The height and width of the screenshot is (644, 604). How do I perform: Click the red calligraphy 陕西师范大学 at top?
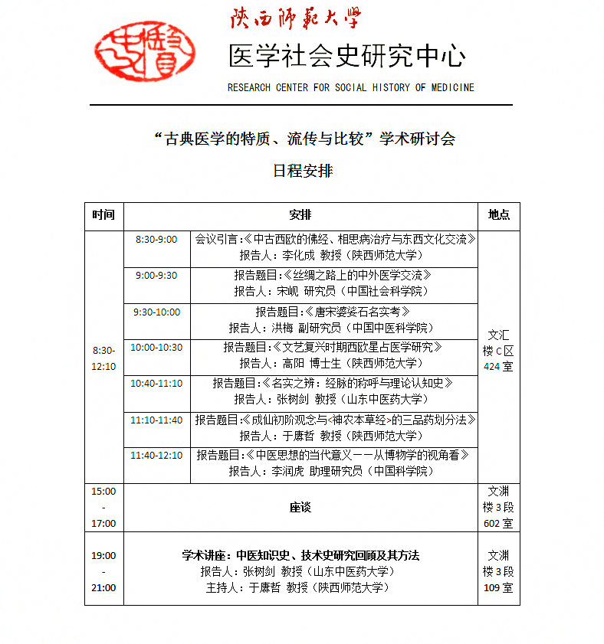pos(295,18)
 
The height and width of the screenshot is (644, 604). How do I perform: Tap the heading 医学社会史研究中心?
pos(346,56)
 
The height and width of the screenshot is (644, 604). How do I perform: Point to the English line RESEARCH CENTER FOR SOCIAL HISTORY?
pos(350,87)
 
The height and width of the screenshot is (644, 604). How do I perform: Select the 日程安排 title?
pos(303,171)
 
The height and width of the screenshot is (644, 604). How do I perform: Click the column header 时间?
pos(103,215)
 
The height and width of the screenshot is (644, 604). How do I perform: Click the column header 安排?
pos(300,215)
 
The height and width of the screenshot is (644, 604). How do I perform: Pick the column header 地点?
pos(498,215)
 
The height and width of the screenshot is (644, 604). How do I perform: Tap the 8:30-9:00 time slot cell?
pos(156,240)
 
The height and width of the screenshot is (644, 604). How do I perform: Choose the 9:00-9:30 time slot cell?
pos(156,276)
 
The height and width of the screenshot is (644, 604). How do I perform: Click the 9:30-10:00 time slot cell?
pos(156,312)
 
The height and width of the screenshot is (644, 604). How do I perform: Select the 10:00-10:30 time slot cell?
pos(156,348)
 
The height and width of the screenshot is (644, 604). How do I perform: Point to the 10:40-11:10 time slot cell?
pos(156,384)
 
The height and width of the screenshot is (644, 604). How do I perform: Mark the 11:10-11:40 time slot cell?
pos(156,420)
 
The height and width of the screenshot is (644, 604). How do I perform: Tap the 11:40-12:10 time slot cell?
pos(156,456)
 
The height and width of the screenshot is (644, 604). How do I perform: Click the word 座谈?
pos(300,508)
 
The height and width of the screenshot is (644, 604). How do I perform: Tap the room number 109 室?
pos(498,587)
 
